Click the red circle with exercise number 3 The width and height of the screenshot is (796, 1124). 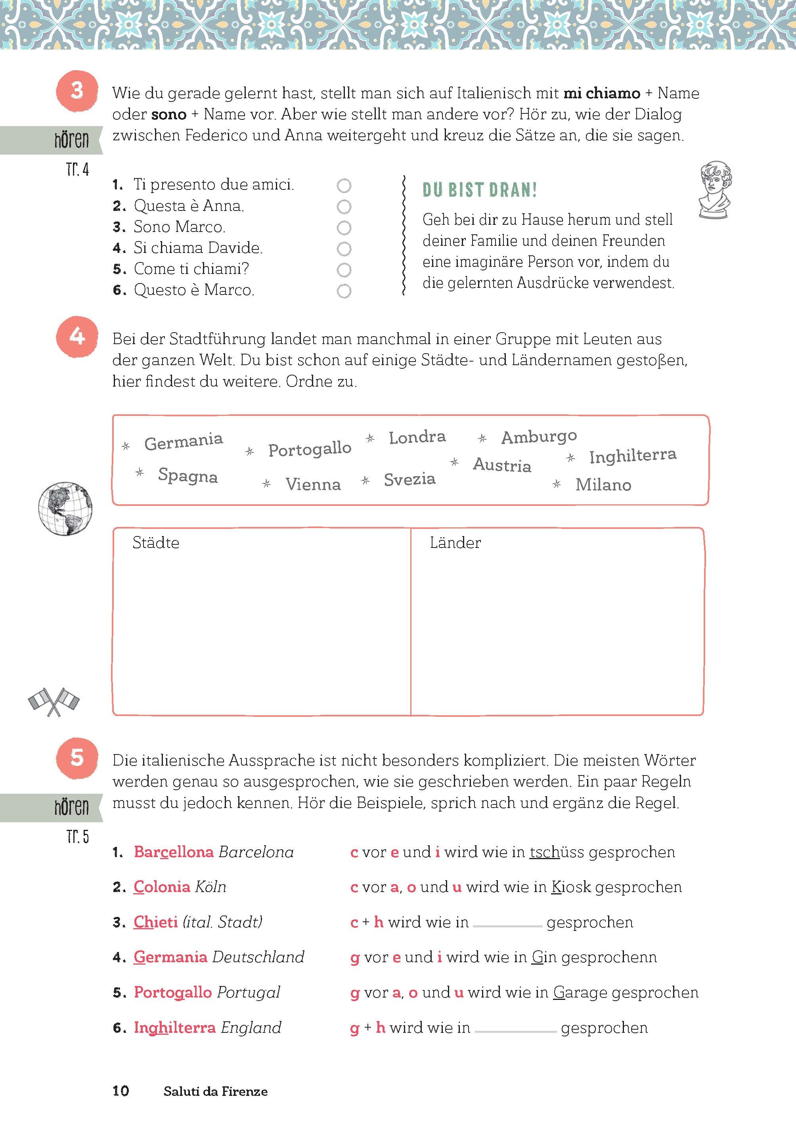point(77,91)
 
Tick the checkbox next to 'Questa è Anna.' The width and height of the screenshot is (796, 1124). point(344,207)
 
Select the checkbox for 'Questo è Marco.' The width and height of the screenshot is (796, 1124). point(344,291)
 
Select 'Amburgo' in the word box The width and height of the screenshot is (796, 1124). point(539,436)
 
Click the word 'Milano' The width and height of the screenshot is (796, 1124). point(603,485)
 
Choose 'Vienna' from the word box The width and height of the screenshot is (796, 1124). point(313,484)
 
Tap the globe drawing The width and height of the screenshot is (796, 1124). point(65,509)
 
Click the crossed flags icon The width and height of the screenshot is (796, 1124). point(54,701)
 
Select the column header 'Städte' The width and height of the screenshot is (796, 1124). point(156,543)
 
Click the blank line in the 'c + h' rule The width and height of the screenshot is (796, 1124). point(507,925)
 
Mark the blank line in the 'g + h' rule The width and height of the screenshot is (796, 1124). point(515,1030)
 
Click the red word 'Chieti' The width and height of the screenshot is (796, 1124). point(155,922)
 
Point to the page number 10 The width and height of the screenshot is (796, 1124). point(121,1091)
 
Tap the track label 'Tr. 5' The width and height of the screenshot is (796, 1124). point(77,837)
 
